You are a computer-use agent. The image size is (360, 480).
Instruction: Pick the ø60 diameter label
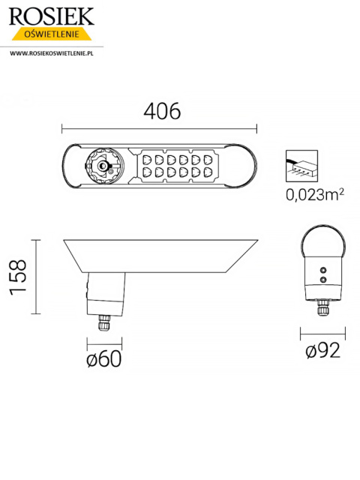(x=104, y=358)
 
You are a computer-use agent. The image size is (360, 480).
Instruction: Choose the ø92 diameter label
(x=323, y=350)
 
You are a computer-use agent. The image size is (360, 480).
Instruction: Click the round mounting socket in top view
(x=100, y=166)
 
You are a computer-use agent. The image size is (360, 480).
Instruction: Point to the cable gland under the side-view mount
(x=103, y=324)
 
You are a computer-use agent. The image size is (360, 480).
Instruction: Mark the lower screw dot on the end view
(x=323, y=279)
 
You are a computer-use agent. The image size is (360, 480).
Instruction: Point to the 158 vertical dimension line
(x=35, y=276)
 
